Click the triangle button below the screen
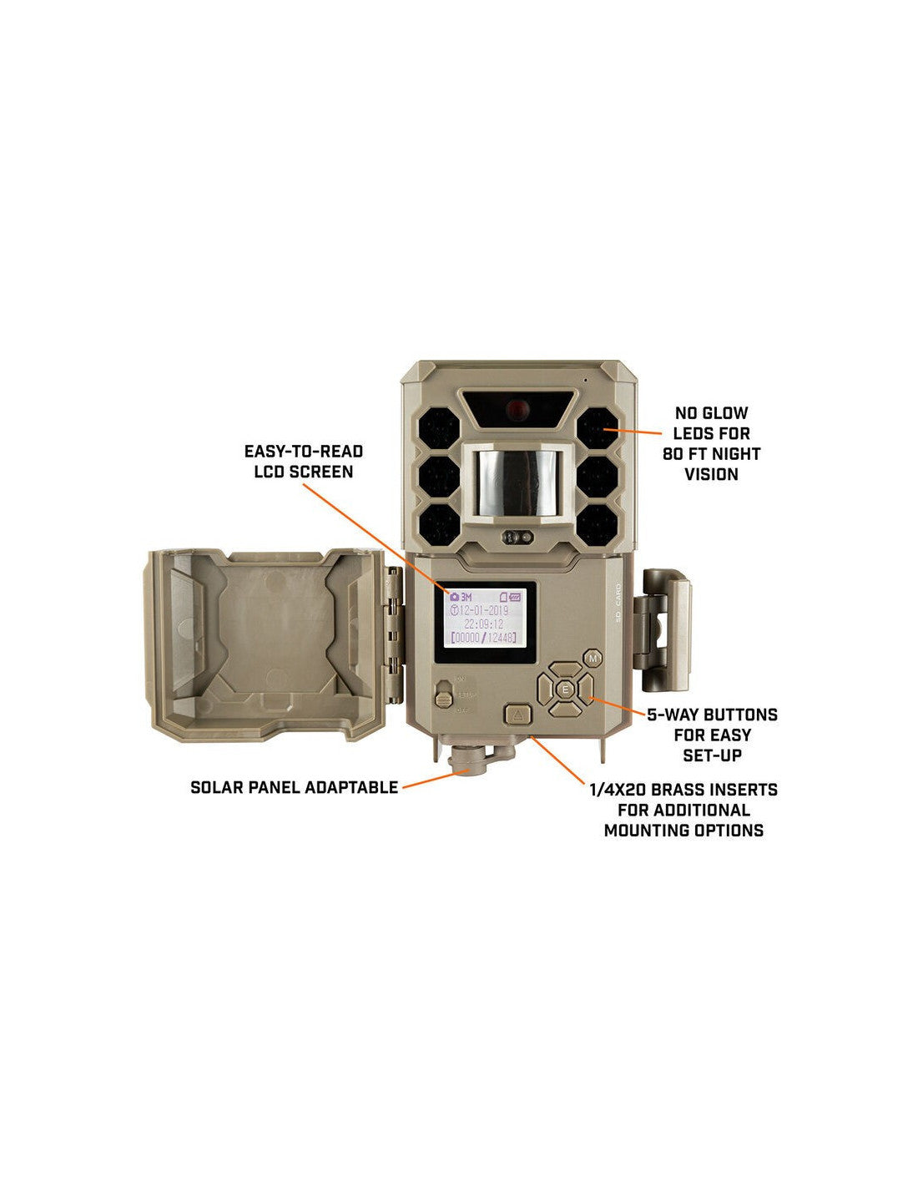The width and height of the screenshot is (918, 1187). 517,715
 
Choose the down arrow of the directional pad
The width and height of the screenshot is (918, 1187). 566,710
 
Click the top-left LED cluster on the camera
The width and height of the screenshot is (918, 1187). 439,432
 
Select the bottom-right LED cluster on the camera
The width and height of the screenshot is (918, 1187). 598,525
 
